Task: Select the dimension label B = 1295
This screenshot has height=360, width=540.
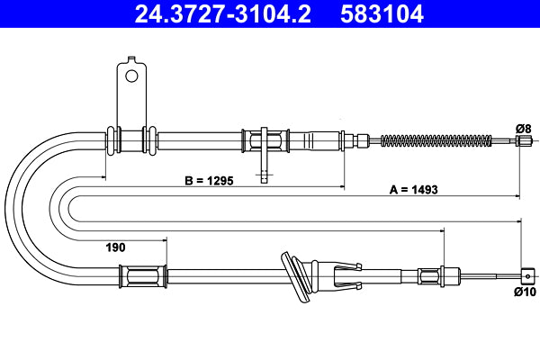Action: click(x=209, y=180)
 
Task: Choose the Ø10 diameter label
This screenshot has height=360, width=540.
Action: click(x=524, y=292)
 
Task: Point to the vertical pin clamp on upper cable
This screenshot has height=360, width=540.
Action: click(x=263, y=148)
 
